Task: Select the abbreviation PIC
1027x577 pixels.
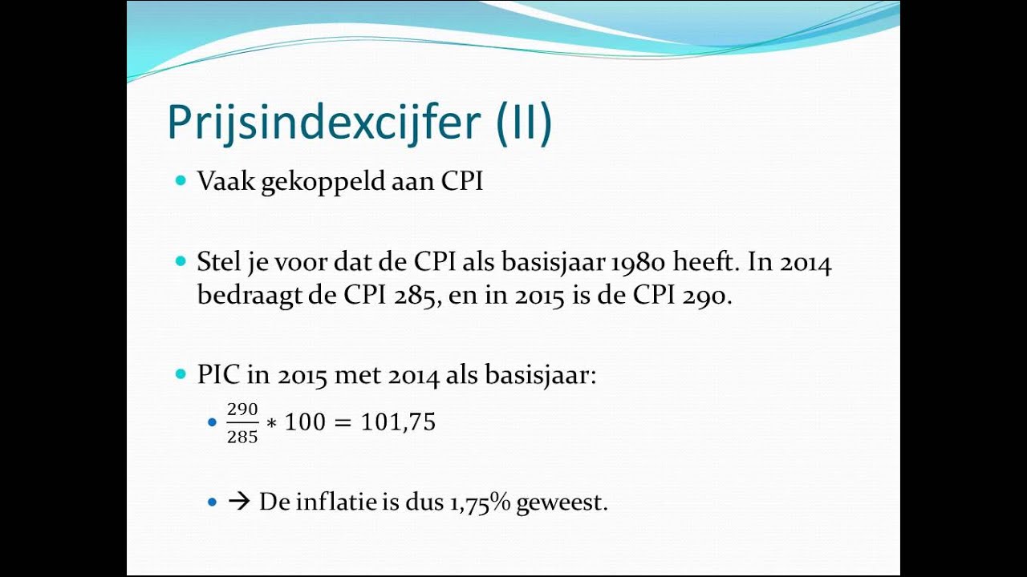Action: pyautogui.click(x=217, y=375)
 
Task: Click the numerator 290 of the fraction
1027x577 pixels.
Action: pyautogui.click(x=242, y=410)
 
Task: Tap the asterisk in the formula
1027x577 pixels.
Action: pyautogui.click(x=271, y=424)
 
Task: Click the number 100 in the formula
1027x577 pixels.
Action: pyautogui.click(x=306, y=422)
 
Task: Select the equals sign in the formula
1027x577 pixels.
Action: pyautogui.click(x=343, y=422)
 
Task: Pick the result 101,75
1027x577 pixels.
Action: pyautogui.click(x=398, y=422)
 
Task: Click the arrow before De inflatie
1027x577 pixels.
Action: pyautogui.click(x=239, y=502)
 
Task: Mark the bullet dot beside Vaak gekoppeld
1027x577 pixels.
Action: pyautogui.click(x=180, y=181)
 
